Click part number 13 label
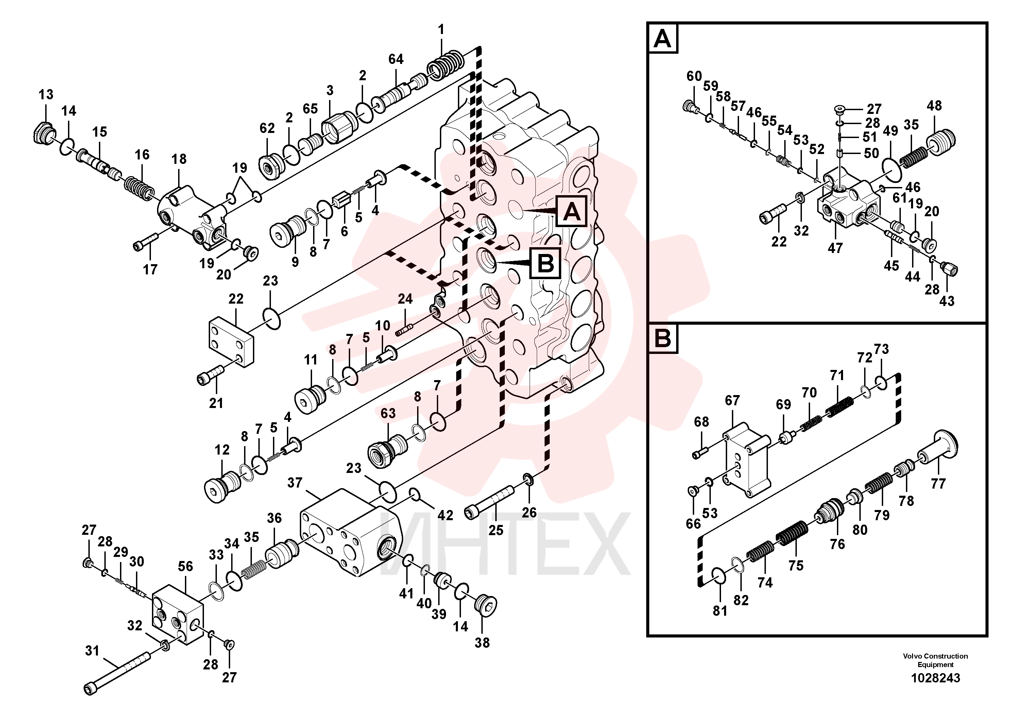coord(46,94)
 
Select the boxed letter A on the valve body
coord(571,211)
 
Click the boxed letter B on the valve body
coord(546,263)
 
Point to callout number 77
coord(938,483)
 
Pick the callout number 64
coord(396,59)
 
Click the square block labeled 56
coord(178,612)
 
